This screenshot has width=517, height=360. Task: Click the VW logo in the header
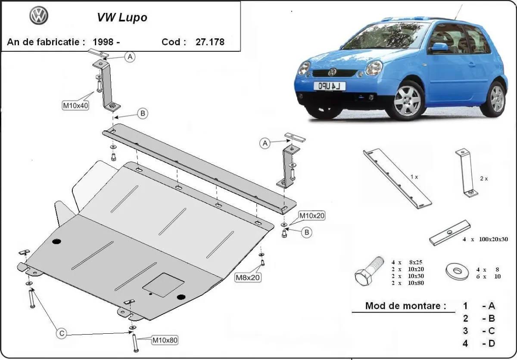(39, 16)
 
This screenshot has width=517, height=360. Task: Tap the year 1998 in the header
(103, 42)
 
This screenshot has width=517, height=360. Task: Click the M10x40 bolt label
(76, 106)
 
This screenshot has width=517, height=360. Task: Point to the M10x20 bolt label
(312, 215)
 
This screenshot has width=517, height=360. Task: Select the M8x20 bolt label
(248, 278)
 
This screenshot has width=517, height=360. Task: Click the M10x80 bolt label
(165, 341)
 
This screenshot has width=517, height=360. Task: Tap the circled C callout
(62, 333)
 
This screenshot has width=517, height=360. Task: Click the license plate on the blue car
(329, 86)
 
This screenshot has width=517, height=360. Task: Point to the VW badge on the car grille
(332, 72)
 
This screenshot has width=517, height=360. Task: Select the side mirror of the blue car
(439, 47)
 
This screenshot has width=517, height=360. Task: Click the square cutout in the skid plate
(163, 285)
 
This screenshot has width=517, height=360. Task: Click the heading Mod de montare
(405, 306)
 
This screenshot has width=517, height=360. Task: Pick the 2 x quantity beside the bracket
(483, 178)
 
